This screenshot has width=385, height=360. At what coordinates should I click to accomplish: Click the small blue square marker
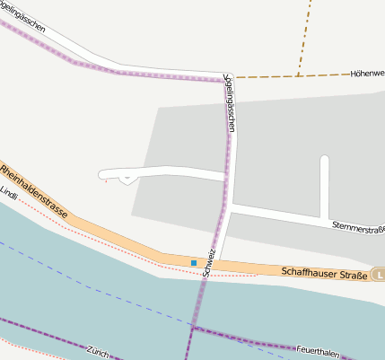[x=193, y=262]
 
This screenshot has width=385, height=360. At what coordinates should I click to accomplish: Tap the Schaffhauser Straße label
[x=324, y=272]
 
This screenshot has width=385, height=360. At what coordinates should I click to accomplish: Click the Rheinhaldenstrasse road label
[x=34, y=189]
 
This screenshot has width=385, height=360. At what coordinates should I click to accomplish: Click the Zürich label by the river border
[x=99, y=350]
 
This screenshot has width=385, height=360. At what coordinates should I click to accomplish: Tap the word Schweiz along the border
[x=209, y=260]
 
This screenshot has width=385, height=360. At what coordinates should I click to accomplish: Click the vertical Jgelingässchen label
[x=231, y=103]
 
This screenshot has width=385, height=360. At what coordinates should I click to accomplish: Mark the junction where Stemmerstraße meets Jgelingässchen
[x=230, y=206]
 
